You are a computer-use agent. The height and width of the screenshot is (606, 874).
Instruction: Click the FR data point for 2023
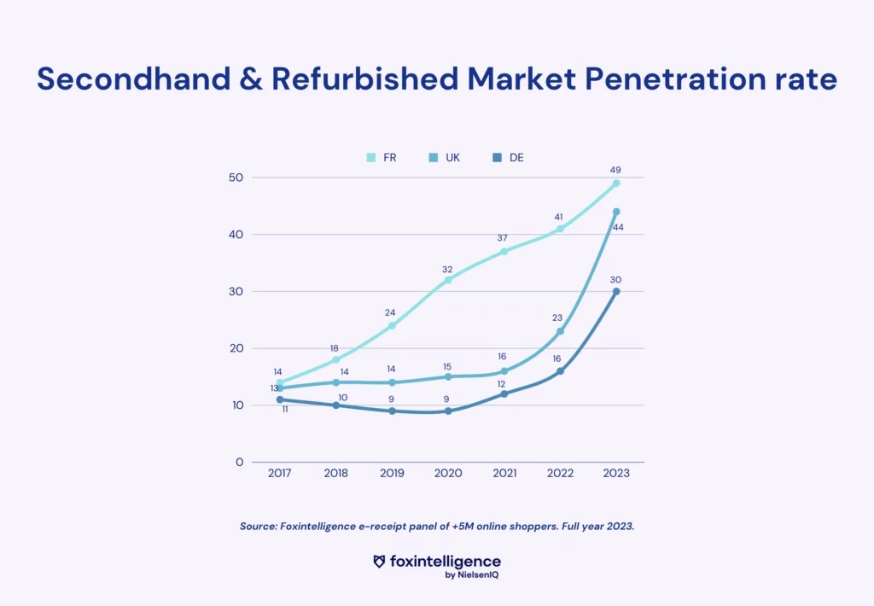(x=616, y=184)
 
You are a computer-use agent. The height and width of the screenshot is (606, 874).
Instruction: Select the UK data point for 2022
(x=560, y=332)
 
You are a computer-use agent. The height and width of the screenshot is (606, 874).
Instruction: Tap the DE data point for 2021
(x=504, y=394)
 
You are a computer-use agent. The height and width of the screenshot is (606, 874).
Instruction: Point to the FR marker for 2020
(x=448, y=280)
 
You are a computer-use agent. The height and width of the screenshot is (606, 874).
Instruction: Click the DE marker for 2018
(x=336, y=405)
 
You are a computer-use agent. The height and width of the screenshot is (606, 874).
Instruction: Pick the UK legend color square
(x=433, y=158)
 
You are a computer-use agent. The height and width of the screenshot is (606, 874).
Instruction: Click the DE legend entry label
(x=516, y=158)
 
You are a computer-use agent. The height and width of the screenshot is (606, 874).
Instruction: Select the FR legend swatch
(x=371, y=158)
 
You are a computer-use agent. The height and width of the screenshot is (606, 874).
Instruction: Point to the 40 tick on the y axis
(x=236, y=235)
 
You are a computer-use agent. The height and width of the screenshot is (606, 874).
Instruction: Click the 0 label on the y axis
(x=240, y=462)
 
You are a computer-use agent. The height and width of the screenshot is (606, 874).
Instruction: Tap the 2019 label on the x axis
(x=392, y=474)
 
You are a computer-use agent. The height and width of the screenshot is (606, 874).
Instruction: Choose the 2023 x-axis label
(x=616, y=474)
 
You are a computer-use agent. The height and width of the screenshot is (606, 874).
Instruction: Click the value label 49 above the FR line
(x=615, y=170)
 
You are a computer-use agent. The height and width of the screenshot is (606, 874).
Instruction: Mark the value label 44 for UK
(x=618, y=227)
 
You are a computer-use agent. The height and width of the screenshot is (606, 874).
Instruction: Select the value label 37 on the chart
(x=502, y=238)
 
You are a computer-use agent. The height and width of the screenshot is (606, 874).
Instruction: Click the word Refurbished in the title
(x=365, y=79)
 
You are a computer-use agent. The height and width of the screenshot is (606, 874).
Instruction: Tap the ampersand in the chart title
(x=251, y=79)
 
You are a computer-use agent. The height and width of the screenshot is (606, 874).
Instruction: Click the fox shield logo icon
(x=379, y=562)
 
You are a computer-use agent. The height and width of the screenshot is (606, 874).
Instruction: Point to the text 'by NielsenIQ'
(x=471, y=574)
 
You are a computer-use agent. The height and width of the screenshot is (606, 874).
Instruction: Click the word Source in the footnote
(x=258, y=527)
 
